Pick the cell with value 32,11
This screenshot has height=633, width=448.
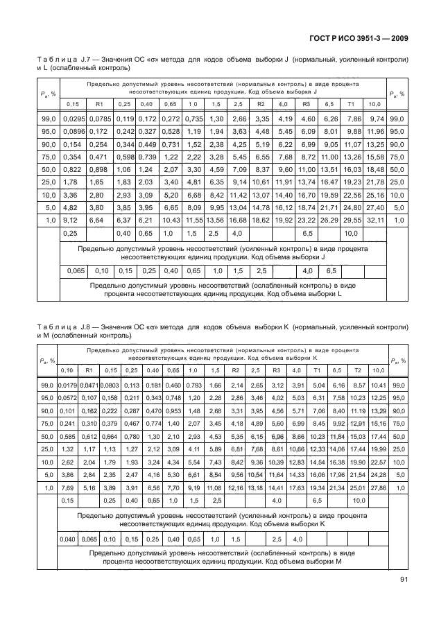[x=374, y=220]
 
